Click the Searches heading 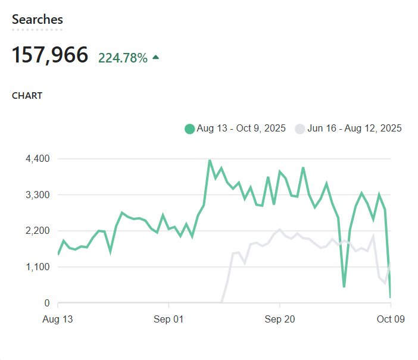(x=37, y=20)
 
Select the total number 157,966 (x=50, y=55)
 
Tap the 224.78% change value (x=123, y=58)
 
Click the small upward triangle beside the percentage (x=156, y=57)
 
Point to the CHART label (x=27, y=96)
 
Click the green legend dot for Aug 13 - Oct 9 (x=190, y=129)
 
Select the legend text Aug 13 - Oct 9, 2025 (x=241, y=129)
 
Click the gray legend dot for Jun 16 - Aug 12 (x=300, y=129)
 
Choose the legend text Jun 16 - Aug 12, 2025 (x=354, y=129)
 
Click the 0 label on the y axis (x=46, y=303)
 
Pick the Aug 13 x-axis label (x=58, y=320)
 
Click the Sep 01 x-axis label (x=169, y=320)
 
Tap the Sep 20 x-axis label (x=280, y=320)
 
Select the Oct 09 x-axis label (x=391, y=320)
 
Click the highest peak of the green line (x=210, y=160)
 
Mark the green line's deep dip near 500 (x=344, y=287)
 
